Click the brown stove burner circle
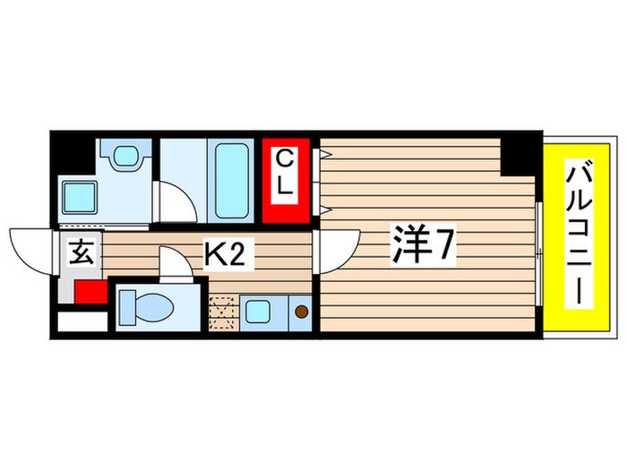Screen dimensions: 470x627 point(302,312)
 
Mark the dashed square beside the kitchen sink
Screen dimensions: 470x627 point(221,313)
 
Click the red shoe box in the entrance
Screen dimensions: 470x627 point(90,292)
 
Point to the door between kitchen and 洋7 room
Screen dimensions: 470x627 point(338,251)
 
